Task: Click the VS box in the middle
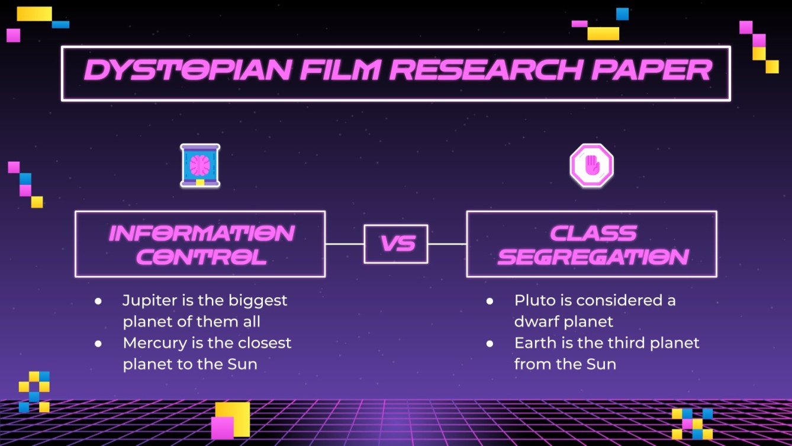click(396, 244)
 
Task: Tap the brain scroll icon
click(200, 166)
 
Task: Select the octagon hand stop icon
click(591, 166)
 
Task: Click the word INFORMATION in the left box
click(202, 233)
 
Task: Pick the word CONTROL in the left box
click(202, 257)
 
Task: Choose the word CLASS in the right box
click(593, 233)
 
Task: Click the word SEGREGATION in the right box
click(593, 257)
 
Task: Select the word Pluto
click(530, 300)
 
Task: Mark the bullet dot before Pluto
click(490, 301)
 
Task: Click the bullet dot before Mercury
click(98, 344)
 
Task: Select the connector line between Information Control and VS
click(345, 244)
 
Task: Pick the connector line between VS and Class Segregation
click(447, 244)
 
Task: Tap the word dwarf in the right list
click(535, 322)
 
